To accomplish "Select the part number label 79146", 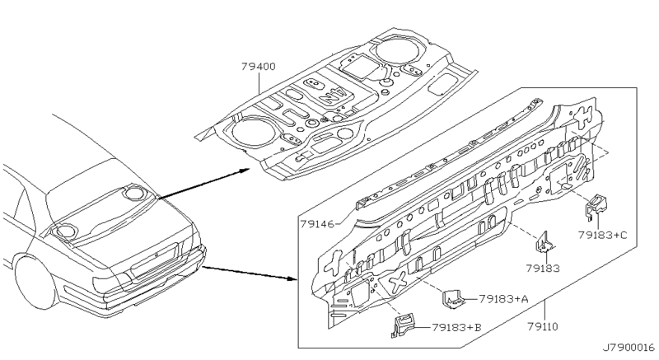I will point(318,223).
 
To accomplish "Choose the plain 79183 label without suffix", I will point(542,269).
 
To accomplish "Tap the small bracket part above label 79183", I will point(544,244).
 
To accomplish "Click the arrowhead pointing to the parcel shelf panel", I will point(245,170).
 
